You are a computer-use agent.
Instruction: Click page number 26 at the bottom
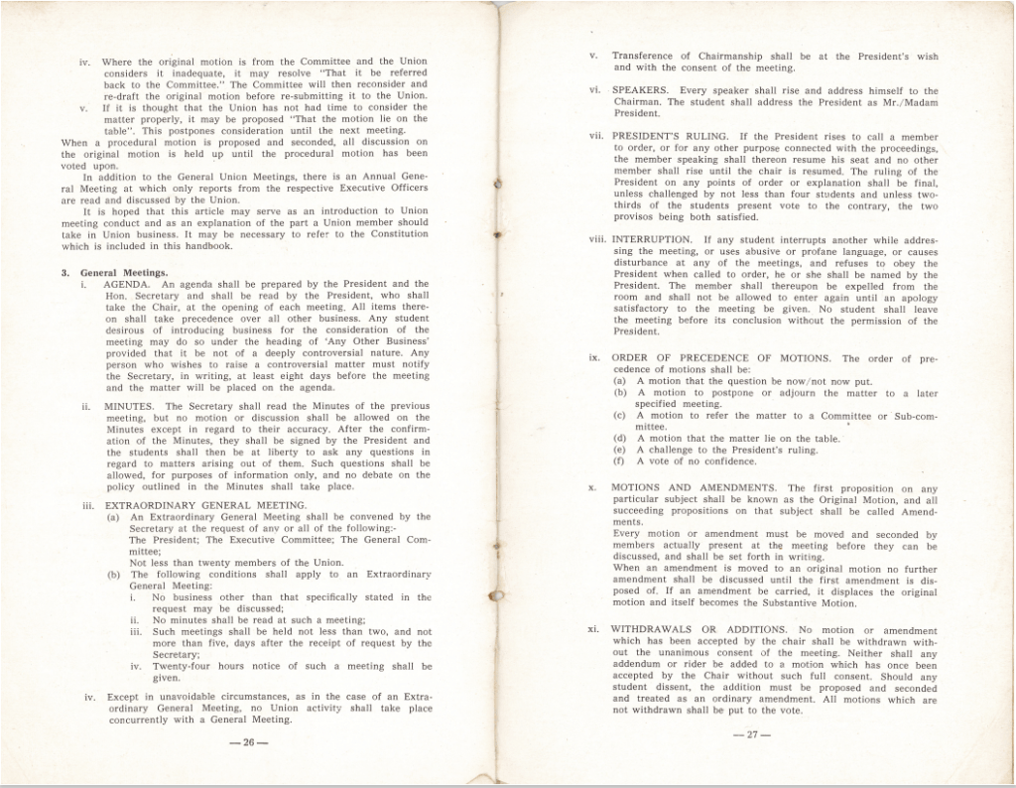point(245,741)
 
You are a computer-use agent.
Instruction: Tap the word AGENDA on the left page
point(129,284)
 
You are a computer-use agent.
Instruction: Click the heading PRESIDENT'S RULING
point(670,135)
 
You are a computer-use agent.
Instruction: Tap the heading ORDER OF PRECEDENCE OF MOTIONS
point(722,358)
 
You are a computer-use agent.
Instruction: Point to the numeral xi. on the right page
point(593,630)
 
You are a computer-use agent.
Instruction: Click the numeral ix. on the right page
point(593,358)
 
